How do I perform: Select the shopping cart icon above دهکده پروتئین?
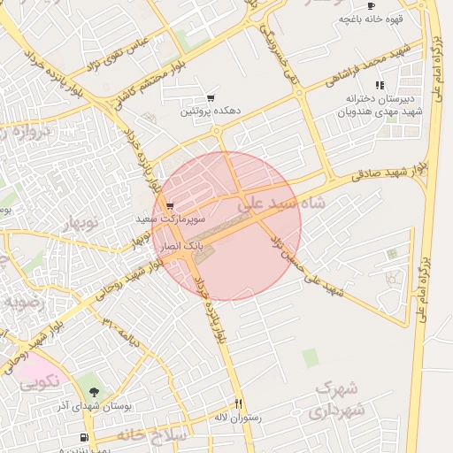211,98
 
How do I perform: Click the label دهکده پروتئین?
211,112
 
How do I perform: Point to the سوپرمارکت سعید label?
171,218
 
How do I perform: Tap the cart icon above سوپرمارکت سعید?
170,206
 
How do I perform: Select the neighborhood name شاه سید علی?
284,203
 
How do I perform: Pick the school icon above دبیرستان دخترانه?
380,86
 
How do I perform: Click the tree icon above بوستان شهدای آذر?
94,392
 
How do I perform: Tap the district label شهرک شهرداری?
337,400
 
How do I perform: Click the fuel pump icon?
84,437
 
